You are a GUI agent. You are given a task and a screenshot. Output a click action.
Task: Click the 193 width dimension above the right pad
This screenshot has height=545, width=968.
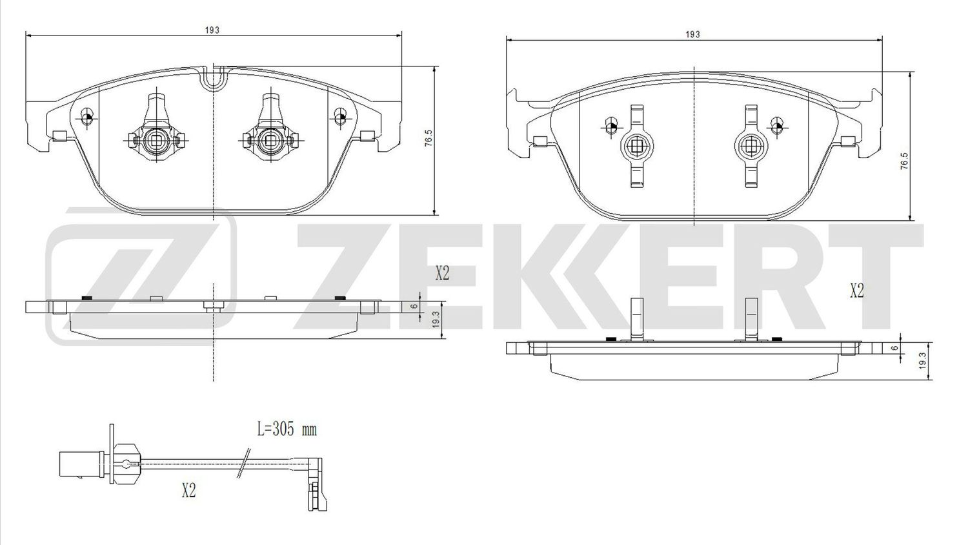[692, 34]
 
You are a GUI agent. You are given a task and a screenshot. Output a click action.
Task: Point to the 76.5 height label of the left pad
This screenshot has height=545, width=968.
[428, 139]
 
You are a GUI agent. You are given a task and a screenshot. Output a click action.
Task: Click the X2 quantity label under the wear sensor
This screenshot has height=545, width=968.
[188, 491]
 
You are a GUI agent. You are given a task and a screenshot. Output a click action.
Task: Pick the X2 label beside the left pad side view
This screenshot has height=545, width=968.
[441, 274]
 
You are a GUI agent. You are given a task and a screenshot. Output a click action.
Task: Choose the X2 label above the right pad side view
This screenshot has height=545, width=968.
[856, 291]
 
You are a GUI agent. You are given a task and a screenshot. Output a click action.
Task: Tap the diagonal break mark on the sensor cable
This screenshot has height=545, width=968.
[243, 464]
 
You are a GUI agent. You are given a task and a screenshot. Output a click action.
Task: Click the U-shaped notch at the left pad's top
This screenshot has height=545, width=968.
[213, 79]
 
